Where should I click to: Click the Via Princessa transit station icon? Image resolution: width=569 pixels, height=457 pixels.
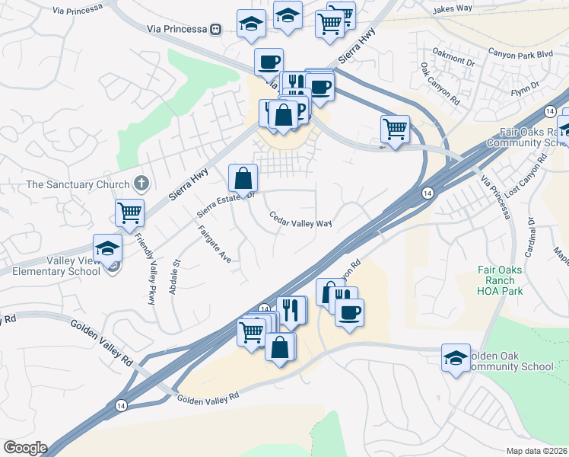click(x=216, y=30)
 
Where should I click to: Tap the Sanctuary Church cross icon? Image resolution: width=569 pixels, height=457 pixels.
click(x=140, y=183)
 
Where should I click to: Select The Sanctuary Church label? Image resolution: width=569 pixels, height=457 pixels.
click(x=78, y=184)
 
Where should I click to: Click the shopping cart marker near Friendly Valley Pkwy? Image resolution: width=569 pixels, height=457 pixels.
click(x=130, y=213)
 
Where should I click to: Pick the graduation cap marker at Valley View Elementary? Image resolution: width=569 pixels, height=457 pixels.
click(x=107, y=248)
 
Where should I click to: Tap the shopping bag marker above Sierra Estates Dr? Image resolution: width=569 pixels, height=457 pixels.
click(x=243, y=179)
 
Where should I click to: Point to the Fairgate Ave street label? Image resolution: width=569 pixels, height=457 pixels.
click(x=214, y=244)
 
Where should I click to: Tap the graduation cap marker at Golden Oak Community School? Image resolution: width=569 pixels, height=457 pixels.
click(x=456, y=358)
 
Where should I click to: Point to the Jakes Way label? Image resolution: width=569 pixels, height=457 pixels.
click(x=453, y=10)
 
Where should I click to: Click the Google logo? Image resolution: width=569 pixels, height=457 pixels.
click(x=24, y=448)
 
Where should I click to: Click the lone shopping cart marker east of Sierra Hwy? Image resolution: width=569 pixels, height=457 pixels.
click(x=395, y=130)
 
